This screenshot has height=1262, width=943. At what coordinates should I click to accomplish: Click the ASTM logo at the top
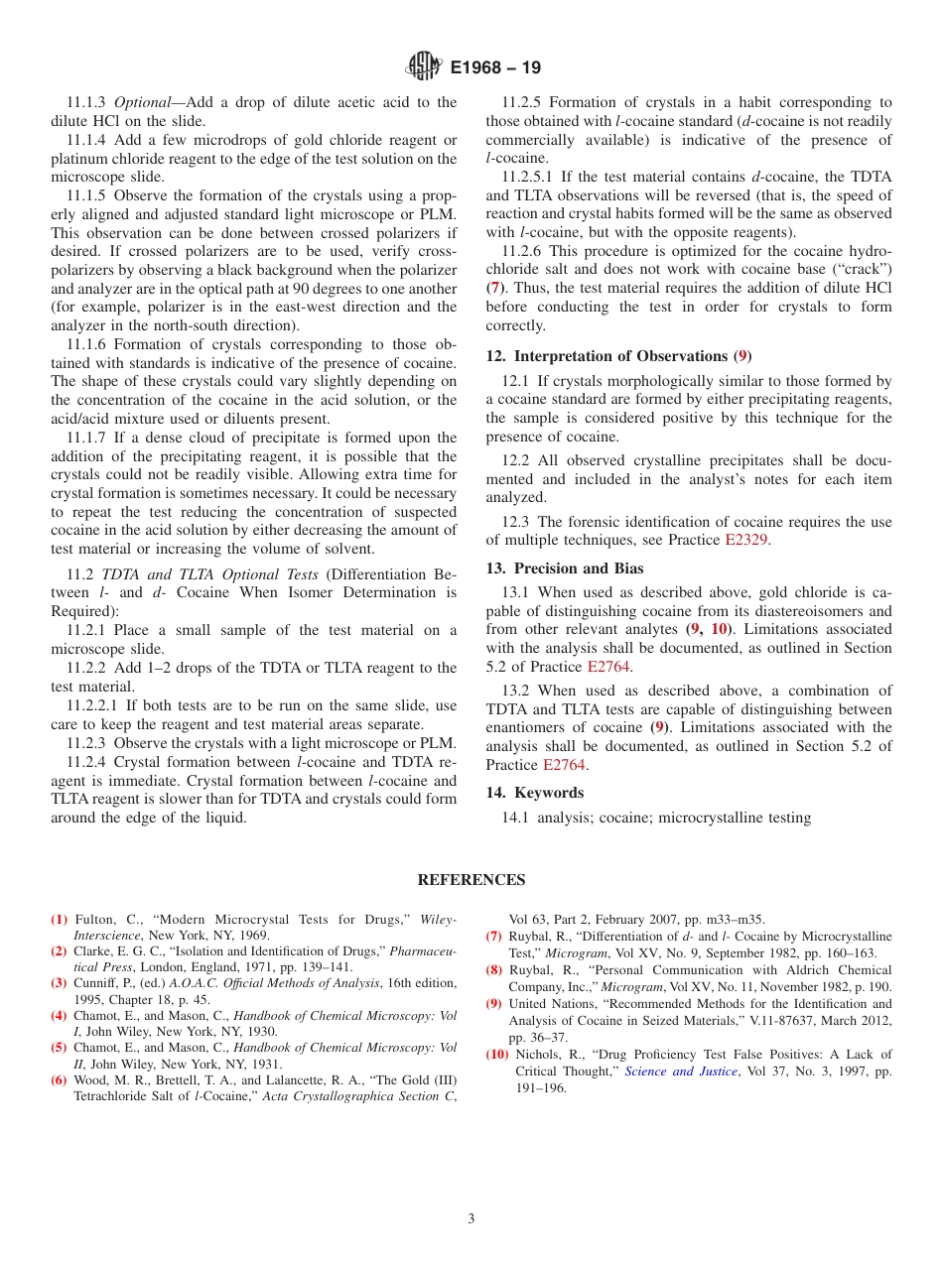[424, 67]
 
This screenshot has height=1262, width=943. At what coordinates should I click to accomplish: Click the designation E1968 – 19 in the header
[495, 68]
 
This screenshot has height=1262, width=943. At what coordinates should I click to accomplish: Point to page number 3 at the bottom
[471, 1218]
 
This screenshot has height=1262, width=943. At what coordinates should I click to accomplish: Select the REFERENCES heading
[471, 880]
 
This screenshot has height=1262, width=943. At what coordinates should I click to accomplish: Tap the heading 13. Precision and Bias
[564, 568]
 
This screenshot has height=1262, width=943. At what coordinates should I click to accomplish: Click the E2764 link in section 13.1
[608, 667]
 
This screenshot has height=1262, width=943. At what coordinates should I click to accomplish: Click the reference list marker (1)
[60, 920]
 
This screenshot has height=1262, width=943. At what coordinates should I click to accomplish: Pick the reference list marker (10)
[498, 1054]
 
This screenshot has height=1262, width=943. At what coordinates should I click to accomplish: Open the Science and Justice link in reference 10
[680, 1071]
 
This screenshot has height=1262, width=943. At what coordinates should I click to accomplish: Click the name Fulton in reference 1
[94, 920]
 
